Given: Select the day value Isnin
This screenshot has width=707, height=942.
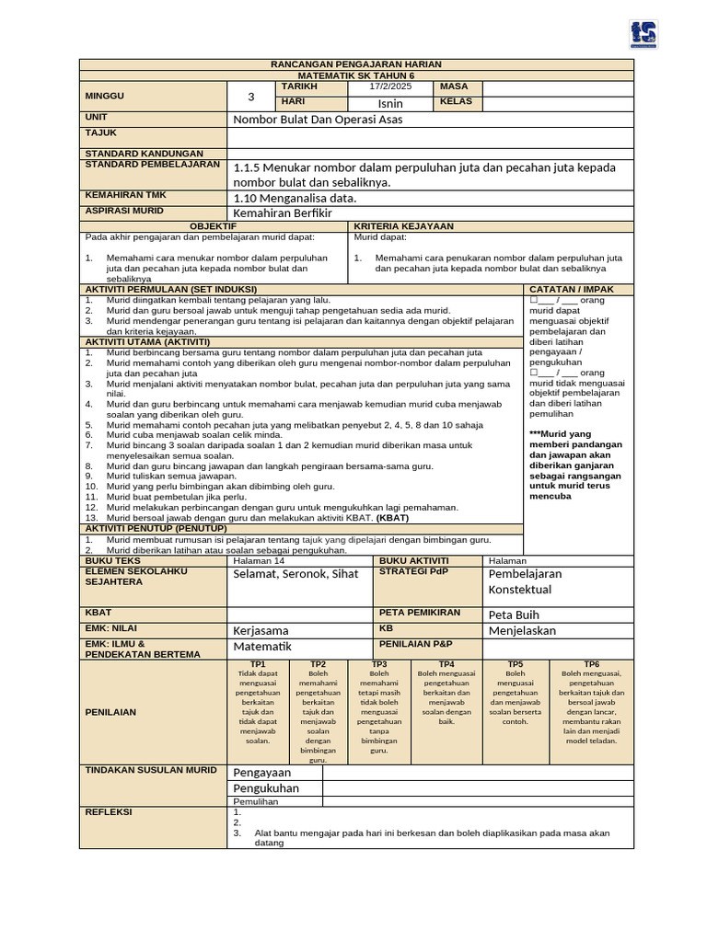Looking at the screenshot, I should point(390,103).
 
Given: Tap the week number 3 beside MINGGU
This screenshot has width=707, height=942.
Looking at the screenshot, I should point(251,96).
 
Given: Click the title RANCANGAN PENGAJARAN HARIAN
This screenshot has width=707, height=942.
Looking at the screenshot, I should point(356,64).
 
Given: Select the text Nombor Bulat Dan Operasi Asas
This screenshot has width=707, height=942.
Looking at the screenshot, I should point(318,120).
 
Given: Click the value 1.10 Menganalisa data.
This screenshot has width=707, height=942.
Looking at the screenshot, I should point(295,197).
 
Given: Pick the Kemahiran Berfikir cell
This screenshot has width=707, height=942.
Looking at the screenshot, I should point(287,213).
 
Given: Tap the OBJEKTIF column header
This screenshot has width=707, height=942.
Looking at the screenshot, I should point(214,225).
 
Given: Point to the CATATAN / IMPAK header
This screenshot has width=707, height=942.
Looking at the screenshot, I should point(571,289).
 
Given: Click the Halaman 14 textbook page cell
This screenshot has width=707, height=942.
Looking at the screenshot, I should point(260,560).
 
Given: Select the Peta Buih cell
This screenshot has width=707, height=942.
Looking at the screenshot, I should point(514,615).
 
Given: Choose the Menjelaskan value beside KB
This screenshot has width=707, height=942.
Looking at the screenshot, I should point(522,631).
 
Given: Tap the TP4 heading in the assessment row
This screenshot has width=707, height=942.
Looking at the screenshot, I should point(446,663).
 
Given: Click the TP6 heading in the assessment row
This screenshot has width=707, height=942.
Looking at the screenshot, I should point(591,663).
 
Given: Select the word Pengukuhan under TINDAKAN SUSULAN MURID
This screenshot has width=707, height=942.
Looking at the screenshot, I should point(265,788).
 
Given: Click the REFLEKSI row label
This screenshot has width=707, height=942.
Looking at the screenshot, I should point(109,812).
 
